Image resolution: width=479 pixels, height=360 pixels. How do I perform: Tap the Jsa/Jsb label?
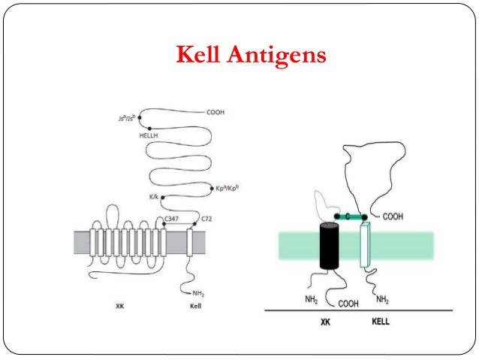click(122, 118)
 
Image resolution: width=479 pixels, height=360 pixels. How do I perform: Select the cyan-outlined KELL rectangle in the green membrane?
click(366, 244)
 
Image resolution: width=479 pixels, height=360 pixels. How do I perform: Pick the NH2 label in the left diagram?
click(199, 292)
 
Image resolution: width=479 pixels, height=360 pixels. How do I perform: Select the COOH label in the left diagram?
click(215, 112)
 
